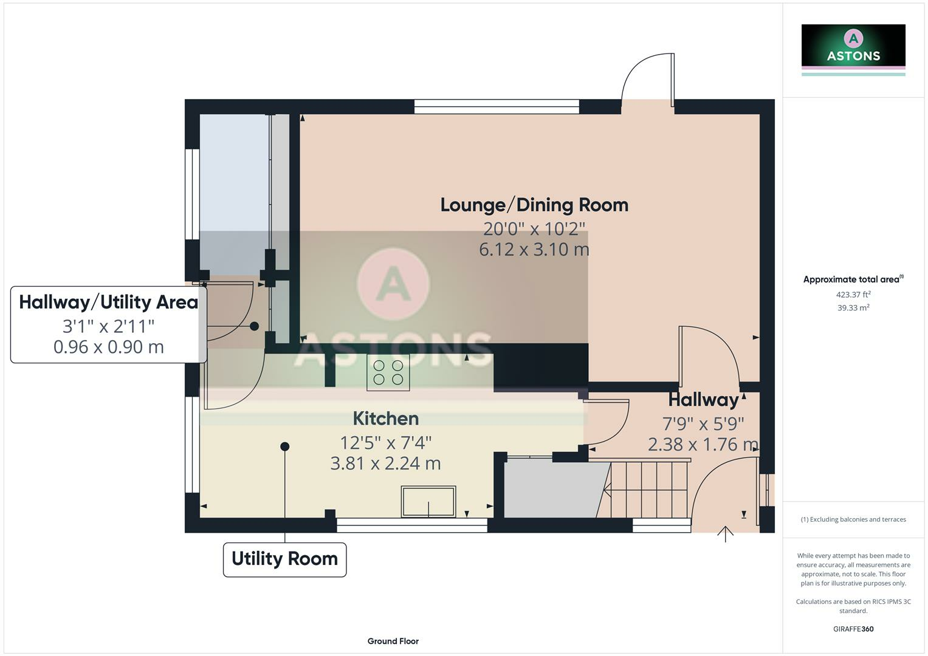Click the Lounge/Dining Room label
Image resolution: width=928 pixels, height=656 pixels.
tap(534, 205)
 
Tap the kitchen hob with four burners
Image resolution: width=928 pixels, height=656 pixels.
tap(388, 372)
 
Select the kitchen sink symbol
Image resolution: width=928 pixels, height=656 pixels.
tap(428, 502)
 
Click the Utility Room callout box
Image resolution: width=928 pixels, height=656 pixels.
tap(284, 559)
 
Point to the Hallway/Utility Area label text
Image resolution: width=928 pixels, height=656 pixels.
tap(109, 302)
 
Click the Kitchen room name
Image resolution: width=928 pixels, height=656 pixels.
tap(386, 419)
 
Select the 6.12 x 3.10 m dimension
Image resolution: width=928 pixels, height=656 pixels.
tap(534, 250)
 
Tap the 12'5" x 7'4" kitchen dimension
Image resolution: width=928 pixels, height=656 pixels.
tap(386, 442)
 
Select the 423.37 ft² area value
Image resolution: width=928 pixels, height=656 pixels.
tap(853, 295)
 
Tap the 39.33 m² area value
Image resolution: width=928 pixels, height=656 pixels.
tap(853, 308)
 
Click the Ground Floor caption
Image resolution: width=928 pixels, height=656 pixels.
tap(393, 641)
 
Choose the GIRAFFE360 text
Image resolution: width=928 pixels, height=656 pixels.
tap(853, 629)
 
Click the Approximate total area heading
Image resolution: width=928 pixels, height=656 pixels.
tap(851, 279)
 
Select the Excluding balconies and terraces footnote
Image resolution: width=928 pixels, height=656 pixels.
tap(853, 519)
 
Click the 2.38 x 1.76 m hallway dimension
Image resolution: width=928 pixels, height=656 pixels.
tap(703, 445)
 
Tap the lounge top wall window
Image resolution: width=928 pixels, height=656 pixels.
tap(496, 107)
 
